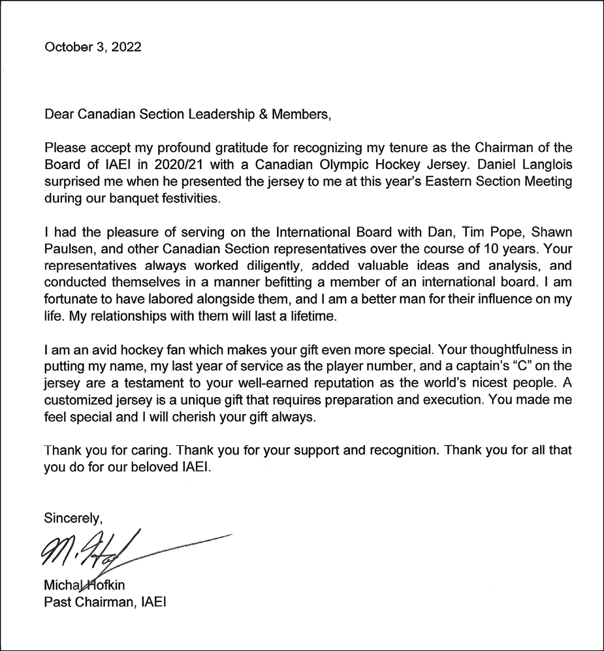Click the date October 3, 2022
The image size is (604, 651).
coord(92,47)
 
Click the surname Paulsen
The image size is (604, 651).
coord(67,250)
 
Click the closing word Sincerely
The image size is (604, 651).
coord(73,520)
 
